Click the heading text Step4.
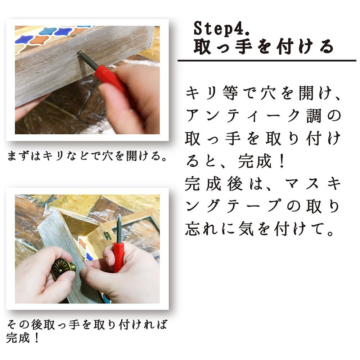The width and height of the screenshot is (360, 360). (x=221, y=28)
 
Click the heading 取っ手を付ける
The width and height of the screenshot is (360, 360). (x=264, y=47)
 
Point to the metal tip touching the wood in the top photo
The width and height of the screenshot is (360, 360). (x=80, y=53)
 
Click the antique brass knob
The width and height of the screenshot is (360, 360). (x=62, y=268)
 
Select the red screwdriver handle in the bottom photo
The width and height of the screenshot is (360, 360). (x=119, y=257)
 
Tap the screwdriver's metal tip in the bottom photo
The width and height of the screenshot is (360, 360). (x=119, y=217)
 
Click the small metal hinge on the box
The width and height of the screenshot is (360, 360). (x=106, y=235)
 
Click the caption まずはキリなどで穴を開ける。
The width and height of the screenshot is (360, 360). (x=87, y=156)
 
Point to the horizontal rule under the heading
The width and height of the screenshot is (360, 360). (x=267, y=60)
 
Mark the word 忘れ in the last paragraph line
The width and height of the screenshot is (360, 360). (x=202, y=229)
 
